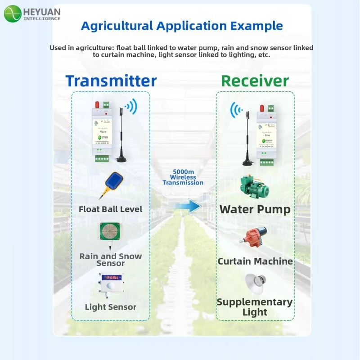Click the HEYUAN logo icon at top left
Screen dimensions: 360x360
point(13,14)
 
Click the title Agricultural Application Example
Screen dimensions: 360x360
point(182,26)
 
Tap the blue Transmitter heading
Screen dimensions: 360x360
point(111,81)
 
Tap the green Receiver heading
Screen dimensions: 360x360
point(255,81)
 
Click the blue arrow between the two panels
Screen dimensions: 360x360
point(188,207)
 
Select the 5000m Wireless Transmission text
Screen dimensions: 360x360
point(183,177)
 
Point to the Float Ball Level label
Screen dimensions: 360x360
point(110,209)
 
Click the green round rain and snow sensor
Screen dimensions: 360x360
point(111,234)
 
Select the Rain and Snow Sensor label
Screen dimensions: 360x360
point(110,259)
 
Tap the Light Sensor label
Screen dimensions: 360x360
point(110,307)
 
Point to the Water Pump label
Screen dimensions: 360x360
point(255,209)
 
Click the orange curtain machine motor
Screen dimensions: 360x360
point(254,238)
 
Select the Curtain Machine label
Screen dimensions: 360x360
point(255,261)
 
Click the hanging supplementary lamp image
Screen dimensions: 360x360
point(254,283)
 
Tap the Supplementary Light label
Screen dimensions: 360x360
point(255,307)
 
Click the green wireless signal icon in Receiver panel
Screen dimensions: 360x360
point(237,110)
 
